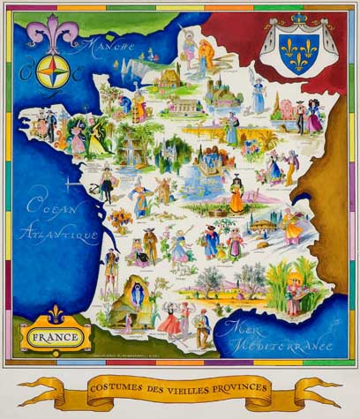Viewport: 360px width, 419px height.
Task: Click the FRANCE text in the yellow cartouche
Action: (56, 335)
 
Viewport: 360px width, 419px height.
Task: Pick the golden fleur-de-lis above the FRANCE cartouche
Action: (56, 313)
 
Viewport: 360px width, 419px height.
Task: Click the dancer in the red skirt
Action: (170, 321)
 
